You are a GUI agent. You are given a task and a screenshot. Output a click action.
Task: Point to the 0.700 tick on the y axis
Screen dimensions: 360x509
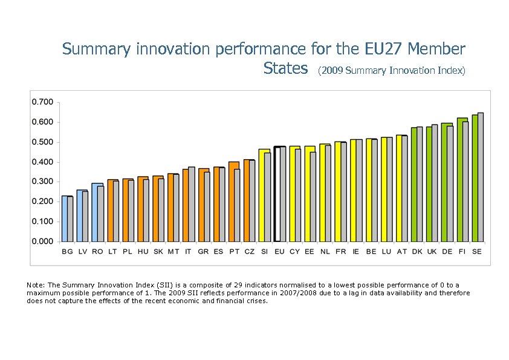coord(42,102)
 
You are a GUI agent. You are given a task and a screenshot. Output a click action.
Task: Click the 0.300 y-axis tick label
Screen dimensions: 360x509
coord(42,182)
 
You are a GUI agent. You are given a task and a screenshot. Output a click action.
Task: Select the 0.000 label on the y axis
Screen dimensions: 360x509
coord(42,241)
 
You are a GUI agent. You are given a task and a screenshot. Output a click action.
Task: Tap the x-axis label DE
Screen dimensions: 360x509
coord(447,251)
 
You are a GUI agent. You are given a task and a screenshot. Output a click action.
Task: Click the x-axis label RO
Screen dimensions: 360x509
coord(97,251)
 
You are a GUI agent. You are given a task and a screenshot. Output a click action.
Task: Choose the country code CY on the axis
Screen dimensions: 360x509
coord(294,251)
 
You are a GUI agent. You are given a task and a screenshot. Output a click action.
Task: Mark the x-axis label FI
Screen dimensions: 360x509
coord(462,251)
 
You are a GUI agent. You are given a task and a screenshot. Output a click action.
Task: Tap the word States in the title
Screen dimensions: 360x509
coord(286,68)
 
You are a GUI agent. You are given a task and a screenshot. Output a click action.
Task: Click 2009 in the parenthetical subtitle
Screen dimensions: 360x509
coord(331,71)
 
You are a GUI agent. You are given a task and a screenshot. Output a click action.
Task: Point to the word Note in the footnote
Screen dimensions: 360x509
coord(34,285)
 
